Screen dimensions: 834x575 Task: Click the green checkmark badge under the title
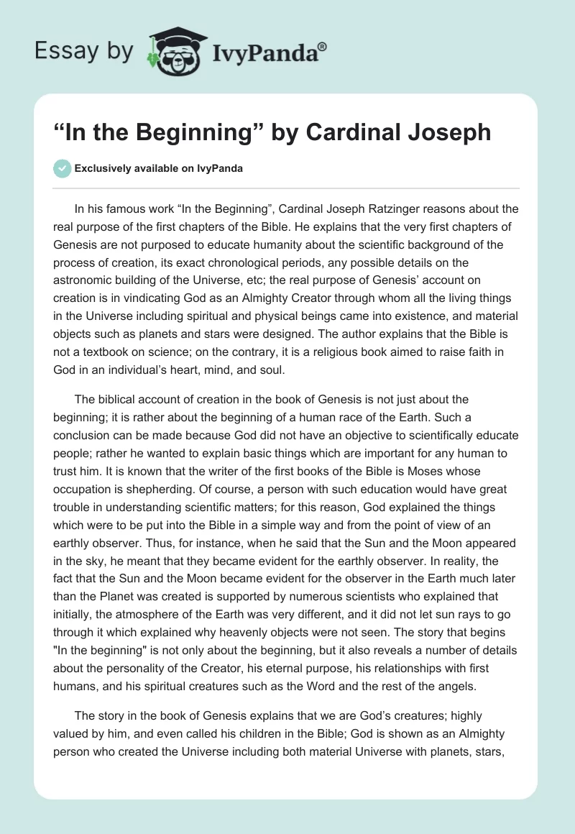coord(62,168)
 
